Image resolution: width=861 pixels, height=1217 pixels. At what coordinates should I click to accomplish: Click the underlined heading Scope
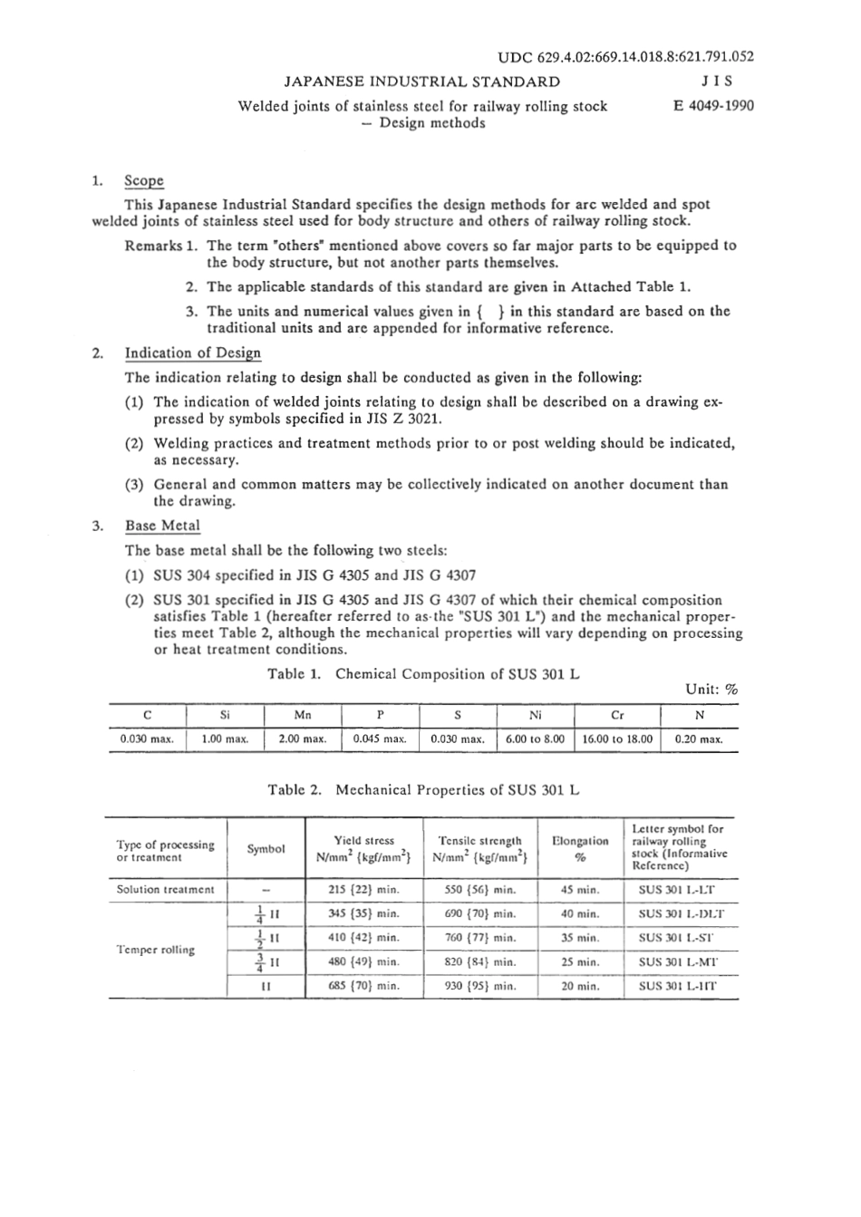coord(144,180)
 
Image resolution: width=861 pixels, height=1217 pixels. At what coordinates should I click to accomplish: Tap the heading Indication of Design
coord(192,353)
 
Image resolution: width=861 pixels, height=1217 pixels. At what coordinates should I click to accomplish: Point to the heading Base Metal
coord(162,526)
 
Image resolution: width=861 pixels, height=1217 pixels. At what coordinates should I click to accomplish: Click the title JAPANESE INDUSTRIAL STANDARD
coord(421,82)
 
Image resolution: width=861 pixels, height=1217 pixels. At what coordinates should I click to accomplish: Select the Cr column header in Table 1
coord(617,715)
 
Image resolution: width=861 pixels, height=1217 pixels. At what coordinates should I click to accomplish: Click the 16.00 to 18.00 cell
coord(617,739)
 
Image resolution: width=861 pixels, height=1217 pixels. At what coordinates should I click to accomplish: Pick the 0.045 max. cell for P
coord(380,739)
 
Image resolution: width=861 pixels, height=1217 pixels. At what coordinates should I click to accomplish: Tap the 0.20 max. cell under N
coord(699,739)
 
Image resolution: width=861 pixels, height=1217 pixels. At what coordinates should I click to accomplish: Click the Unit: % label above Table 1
coord(711,690)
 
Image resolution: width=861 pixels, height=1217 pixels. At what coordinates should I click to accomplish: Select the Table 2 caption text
coord(423,790)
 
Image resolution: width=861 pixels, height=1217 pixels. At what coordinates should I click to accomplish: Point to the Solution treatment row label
coord(165,889)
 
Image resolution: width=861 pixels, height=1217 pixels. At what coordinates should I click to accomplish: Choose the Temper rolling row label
coord(155,950)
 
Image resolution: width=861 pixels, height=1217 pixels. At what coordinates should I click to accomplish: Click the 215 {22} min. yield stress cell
coord(363,889)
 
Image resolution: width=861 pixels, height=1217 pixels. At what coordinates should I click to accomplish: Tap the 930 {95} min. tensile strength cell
coord(480,986)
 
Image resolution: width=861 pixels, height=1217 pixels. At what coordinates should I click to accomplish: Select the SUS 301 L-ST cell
coord(676,938)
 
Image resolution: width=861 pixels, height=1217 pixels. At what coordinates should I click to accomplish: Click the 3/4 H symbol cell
coord(266,961)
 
